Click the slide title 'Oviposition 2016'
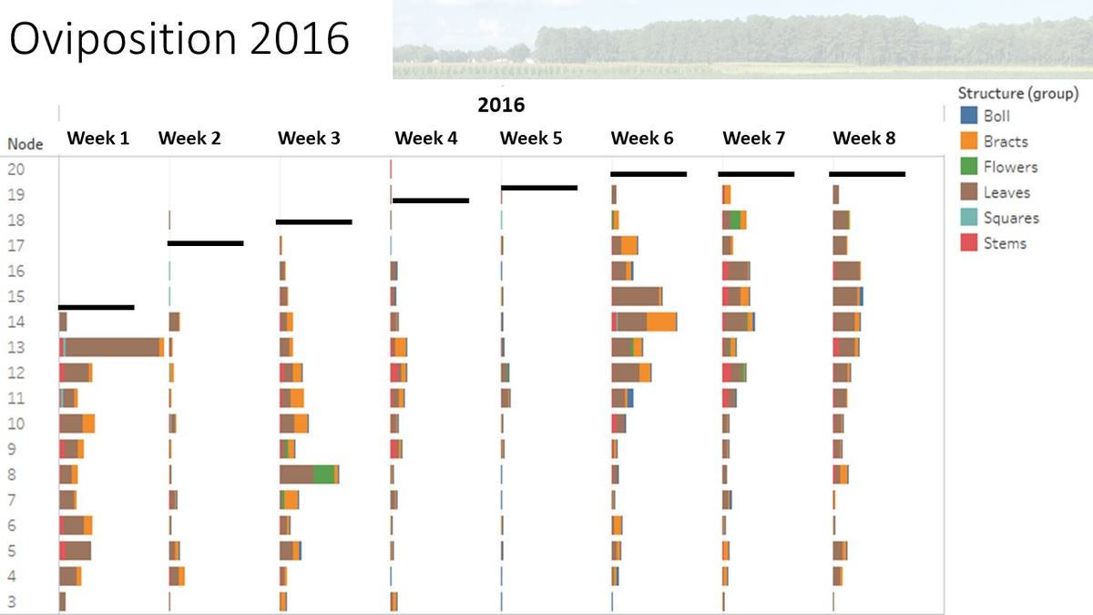(x=180, y=41)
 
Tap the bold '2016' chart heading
(x=501, y=105)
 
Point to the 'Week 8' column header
(x=863, y=138)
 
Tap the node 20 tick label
(x=16, y=169)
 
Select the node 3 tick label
(x=12, y=601)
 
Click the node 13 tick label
(x=16, y=347)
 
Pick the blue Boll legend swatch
(x=969, y=116)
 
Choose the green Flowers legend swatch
(x=969, y=167)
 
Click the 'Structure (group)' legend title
(x=1017, y=93)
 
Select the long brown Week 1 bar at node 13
(x=111, y=347)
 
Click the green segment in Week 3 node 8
(x=323, y=475)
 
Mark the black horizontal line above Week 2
(x=206, y=242)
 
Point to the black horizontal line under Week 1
(x=97, y=307)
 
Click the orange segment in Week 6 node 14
(x=661, y=322)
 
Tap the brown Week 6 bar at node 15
(x=635, y=296)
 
